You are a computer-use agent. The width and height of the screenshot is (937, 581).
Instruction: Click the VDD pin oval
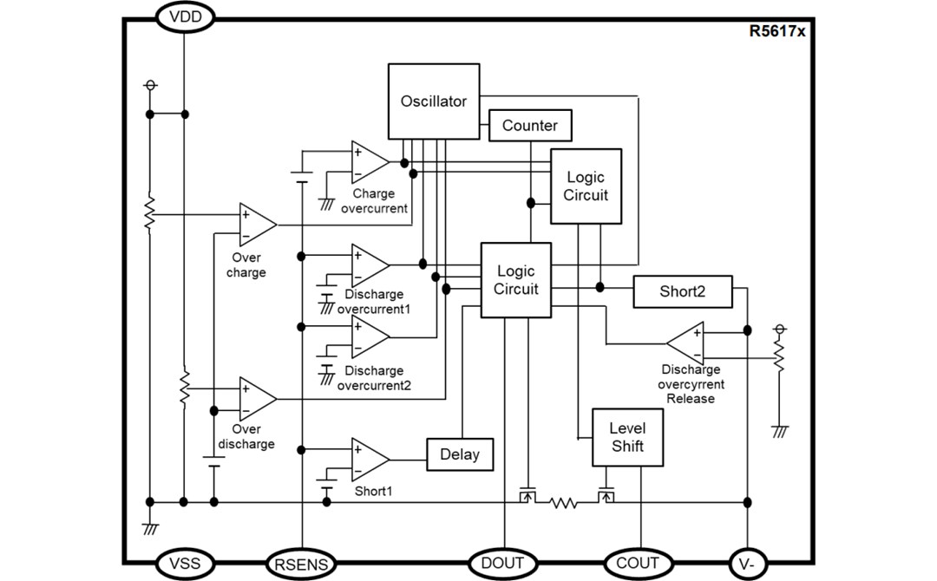coord(185,16)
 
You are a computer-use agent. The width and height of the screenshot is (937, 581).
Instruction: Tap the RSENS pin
coord(301,565)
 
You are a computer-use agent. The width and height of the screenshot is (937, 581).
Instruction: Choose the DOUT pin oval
coord(503,563)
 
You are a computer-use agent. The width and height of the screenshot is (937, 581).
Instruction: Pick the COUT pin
coord(638,563)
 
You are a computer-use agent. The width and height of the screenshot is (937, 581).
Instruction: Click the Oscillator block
coord(433,101)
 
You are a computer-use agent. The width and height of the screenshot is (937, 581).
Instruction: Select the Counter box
coord(530,126)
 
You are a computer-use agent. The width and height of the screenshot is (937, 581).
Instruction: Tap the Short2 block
coord(682,291)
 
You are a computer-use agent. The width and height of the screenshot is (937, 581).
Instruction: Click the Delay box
coord(460,454)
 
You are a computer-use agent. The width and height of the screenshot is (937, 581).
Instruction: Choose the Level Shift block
coord(627,436)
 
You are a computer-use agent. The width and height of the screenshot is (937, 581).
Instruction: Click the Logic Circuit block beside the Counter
coord(586,186)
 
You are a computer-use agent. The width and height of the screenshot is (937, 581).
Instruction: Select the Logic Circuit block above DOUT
coord(516,279)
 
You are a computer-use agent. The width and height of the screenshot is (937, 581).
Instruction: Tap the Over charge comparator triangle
coord(256,224)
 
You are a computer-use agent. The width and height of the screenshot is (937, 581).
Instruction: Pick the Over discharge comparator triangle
coord(256,398)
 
